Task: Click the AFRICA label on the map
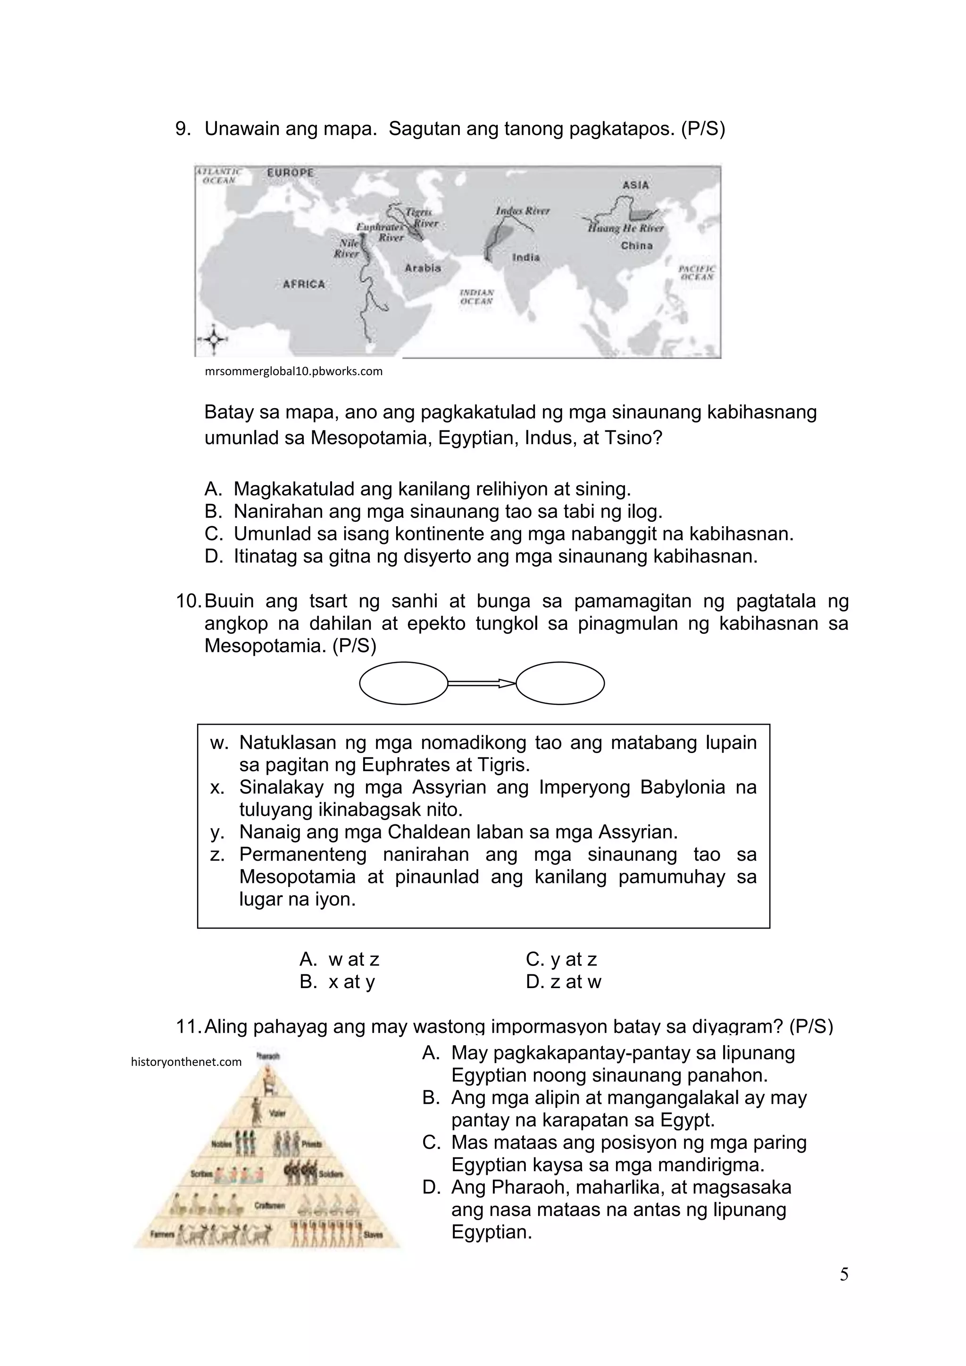coord(303,285)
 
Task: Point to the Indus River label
coord(522,210)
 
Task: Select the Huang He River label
coord(626,228)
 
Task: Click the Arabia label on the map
coord(423,268)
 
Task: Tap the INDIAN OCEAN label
coord(476,296)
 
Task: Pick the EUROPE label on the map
coord(290,173)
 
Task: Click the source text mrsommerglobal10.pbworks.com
coord(293,372)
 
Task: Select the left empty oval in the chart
coord(403,683)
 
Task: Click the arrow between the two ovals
coord(481,683)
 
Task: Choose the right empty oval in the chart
coord(560,683)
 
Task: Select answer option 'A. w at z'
coord(339,960)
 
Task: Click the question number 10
coord(189,602)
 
